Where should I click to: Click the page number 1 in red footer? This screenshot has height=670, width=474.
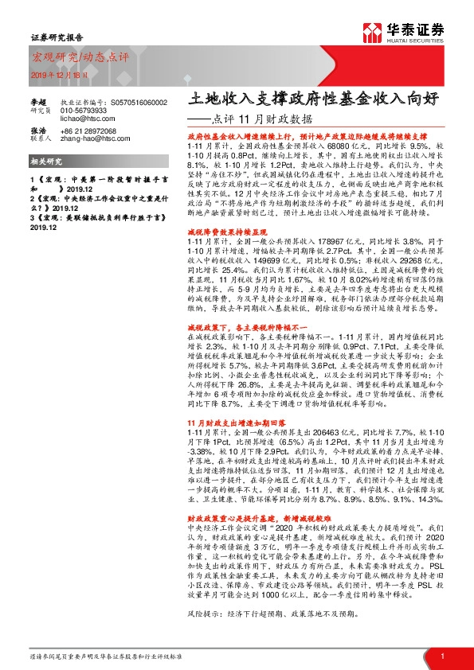(x=442, y=656)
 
